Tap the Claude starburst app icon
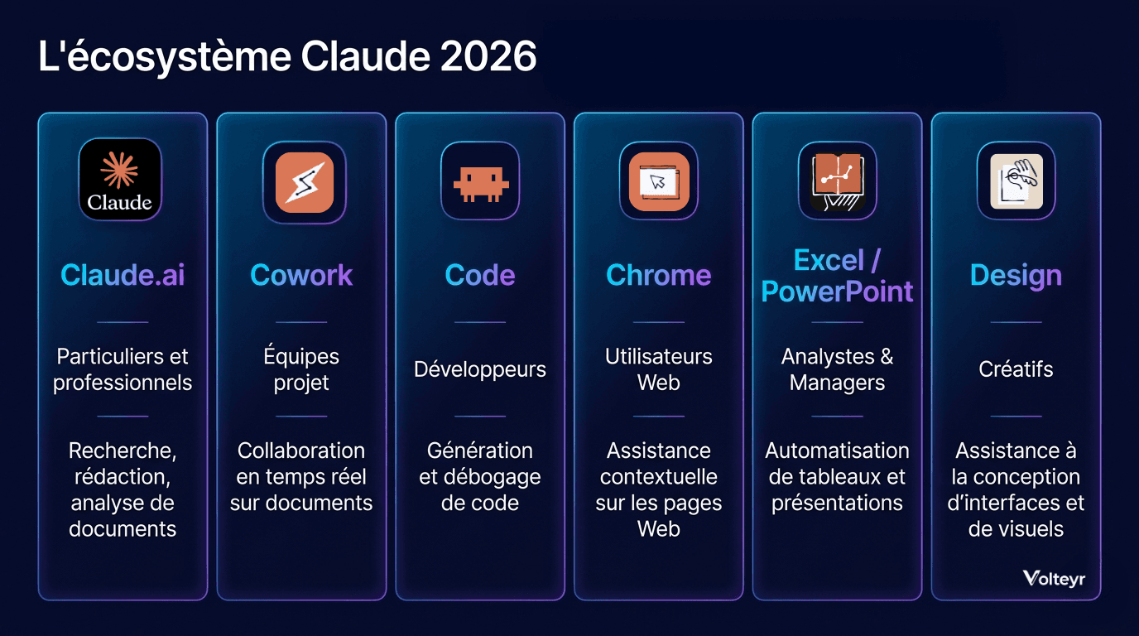pyautogui.click(x=120, y=180)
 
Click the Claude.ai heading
pyautogui.click(x=123, y=275)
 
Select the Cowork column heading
pyautogui.click(x=301, y=275)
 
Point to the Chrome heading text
pyautogui.click(x=659, y=275)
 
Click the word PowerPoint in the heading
pyautogui.click(x=837, y=291)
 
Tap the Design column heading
pyautogui.click(x=1016, y=275)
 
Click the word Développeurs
pyautogui.click(x=480, y=369)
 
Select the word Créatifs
pyautogui.click(x=1016, y=369)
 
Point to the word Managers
pyautogui.click(x=837, y=383)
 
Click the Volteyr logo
pyautogui.click(x=1054, y=578)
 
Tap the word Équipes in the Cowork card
pyautogui.click(x=301, y=356)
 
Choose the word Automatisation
pyautogui.click(x=837, y=450)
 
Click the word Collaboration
pyautogui.click(x=301, y=450)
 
